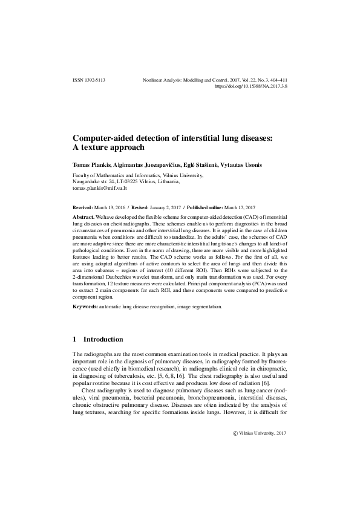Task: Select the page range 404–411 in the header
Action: coord(275,80)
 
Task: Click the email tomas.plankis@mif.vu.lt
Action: coord(100,188)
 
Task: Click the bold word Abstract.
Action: coord(83,216)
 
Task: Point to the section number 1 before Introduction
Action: coord(74,340)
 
